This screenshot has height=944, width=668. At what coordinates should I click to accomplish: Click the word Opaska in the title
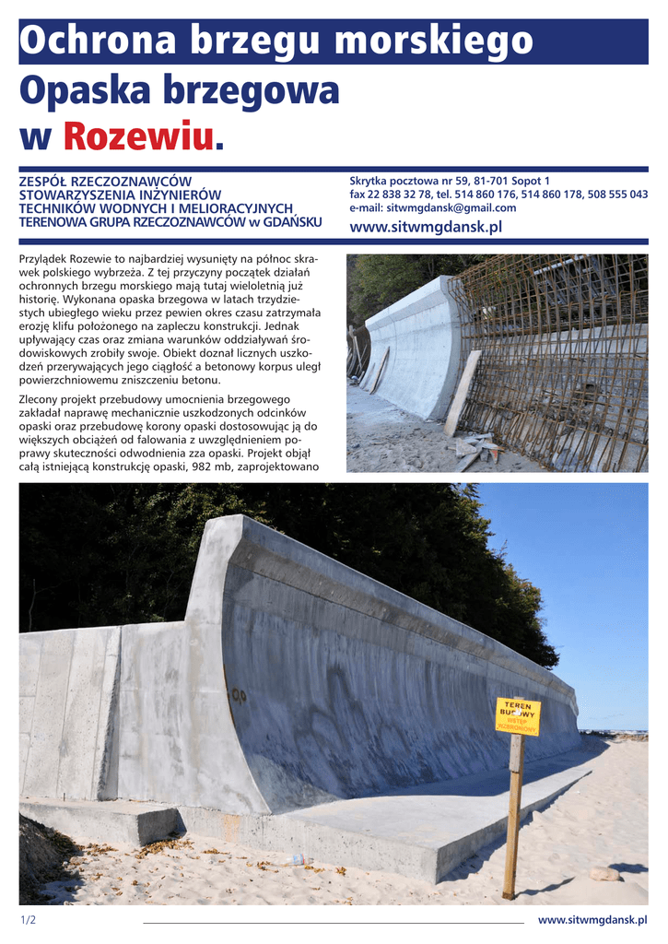[x=83, y=91]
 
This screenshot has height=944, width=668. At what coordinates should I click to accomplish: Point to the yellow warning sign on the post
[x=518, y=715]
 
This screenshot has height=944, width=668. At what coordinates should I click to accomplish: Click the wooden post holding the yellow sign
[x=512, y=820]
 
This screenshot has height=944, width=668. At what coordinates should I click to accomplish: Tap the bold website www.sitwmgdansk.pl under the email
[x=426, y=227]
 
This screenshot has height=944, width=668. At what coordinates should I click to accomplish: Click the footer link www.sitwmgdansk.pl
[x=592, y=920]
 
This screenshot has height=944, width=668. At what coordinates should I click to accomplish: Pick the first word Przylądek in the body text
[x=45, y=260]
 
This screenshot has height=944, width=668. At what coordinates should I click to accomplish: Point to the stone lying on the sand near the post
[x=604, y=873]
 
